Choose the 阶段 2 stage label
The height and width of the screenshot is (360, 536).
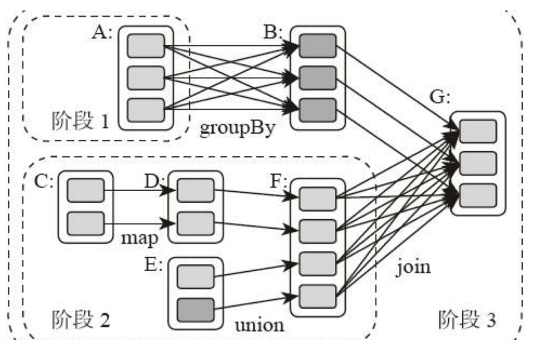click(x=80, y=319)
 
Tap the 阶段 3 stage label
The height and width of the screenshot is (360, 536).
click(x=467, y=319)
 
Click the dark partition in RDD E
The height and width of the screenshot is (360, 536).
click(x=195, y=310)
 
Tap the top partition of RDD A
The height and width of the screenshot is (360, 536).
click(x=146, y=46)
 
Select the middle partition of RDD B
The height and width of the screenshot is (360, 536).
click(x=317, y=78)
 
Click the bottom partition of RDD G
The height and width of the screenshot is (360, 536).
click(x=478, y=195)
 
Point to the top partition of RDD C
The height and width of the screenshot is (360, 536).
click(x=85, y=190)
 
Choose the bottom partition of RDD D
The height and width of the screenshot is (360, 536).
click(x=195, y=224)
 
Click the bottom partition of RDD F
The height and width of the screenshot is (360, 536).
click(x=317, y=296)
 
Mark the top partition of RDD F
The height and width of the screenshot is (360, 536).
click(x=317, y=199)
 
